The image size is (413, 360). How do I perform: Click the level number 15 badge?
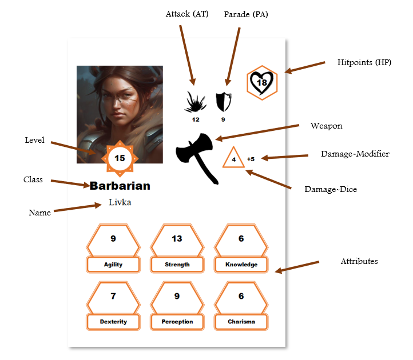point(120,158)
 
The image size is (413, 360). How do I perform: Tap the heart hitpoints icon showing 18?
point(262,83)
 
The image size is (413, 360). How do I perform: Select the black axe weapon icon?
point(197,158)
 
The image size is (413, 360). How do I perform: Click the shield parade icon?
point(224,102)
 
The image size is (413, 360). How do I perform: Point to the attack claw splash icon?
point(195,102)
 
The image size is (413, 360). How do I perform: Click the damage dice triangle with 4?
point(233,157)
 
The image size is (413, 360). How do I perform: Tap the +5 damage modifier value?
point(251,159)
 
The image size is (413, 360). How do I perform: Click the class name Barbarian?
point(120,186)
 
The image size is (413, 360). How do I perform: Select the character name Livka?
point(120,202)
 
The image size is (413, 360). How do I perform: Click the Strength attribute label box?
point(177,265)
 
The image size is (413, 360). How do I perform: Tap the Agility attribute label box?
point(113,265)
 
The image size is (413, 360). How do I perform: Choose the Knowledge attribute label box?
point(241,265)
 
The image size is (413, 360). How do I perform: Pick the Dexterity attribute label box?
point(113,322)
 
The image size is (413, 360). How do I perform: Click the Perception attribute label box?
point(177,322)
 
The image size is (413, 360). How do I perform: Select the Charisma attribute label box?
point(241,322)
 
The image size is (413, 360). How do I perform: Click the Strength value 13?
point(177,239)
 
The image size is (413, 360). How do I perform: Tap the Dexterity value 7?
point(113,296)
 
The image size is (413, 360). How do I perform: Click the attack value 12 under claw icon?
point(196,120)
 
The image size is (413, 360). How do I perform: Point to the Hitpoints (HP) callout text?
point(364,62)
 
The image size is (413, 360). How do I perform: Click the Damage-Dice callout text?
point(331,190)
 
